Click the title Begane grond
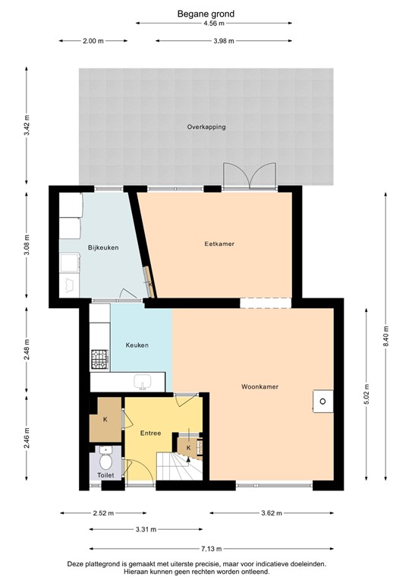click(206, 14)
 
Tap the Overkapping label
click(206, 127)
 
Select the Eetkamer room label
click(219, 244)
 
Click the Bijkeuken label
click(103, 247)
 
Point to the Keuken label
click(137, 345)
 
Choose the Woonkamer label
click(259, 386)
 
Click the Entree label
click(150, 433)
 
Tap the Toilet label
click(105, 475)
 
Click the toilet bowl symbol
click(105, 459)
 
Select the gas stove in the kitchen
click(100, 359)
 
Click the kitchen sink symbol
click(142, 381)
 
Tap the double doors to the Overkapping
click(249, 176)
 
